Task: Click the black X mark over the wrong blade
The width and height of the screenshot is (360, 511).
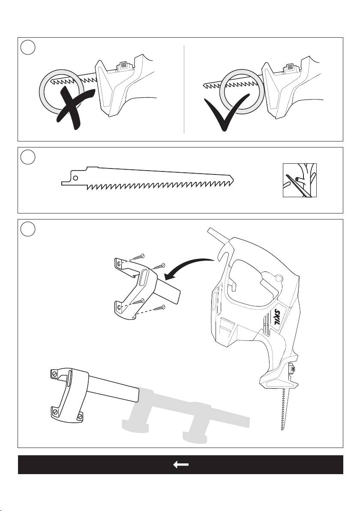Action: click(x=73, y=107)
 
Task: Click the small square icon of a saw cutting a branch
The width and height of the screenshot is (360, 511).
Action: click(x=300, y=180)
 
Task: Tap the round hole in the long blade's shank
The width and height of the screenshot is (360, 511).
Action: click(x=75, y=177)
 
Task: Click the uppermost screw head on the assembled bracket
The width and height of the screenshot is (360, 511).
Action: click(x=55, y=374)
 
